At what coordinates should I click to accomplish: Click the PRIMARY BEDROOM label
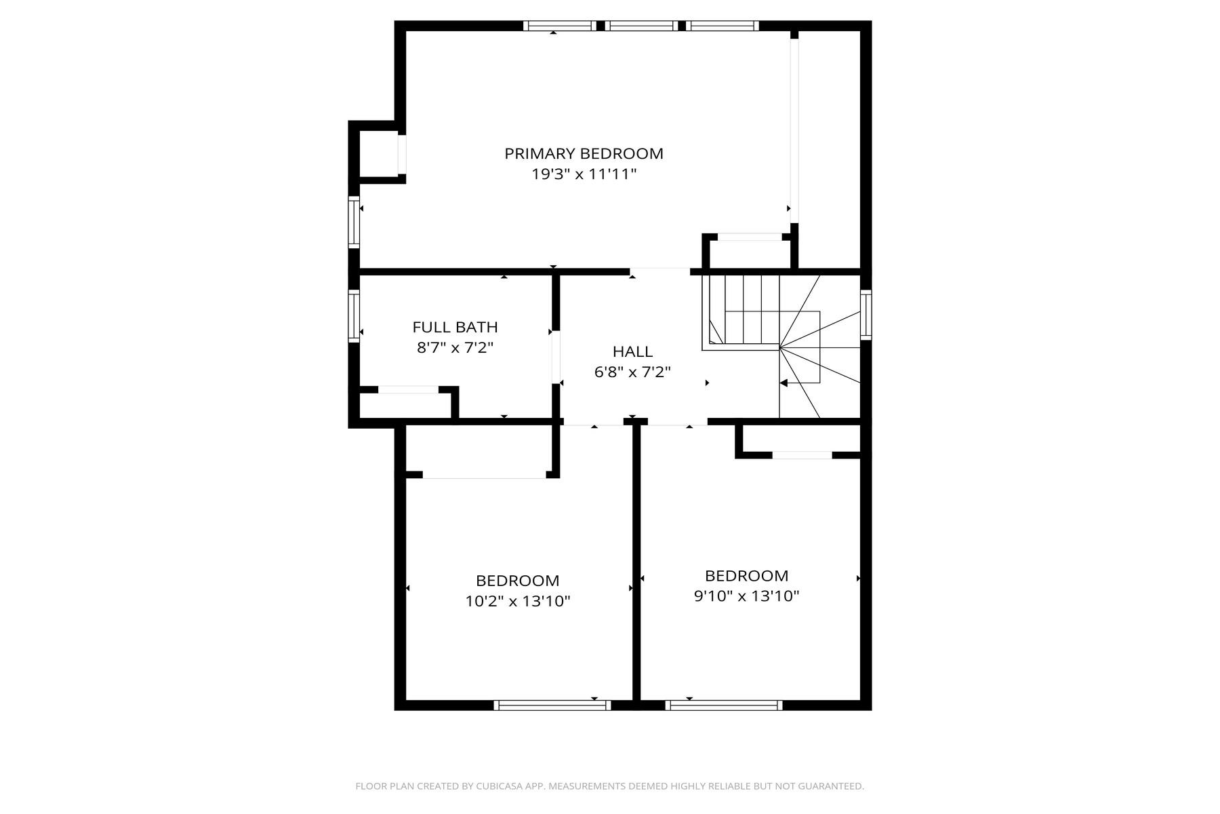point(584,154)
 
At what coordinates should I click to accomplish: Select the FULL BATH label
point(455,328)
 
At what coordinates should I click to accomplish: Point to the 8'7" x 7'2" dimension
point(455,349)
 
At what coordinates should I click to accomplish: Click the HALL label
point(632,352)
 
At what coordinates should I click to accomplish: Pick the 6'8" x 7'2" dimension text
point(632,372)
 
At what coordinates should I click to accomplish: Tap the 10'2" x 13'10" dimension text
point(518,602)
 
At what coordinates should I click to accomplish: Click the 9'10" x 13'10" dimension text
point(746,597)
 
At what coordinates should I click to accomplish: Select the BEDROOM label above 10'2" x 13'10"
point(518,581)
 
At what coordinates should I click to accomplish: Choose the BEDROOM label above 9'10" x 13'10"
point(746,577)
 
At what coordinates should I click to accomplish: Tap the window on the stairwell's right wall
point(866,315)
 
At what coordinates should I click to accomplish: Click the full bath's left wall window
point(354,315)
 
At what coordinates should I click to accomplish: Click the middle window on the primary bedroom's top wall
point(641,26)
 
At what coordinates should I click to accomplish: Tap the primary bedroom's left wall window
point(354,222)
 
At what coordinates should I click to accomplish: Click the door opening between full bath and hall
point(556,357)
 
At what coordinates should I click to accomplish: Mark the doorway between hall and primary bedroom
point(660,271)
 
